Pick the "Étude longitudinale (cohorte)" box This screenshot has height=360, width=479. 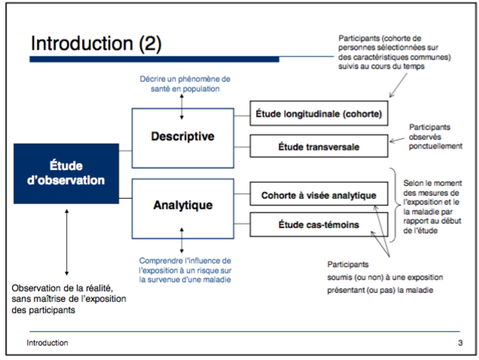tap(319, 114)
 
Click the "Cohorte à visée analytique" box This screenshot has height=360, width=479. tap(319, 196)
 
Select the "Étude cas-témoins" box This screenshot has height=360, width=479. tap(319, 224)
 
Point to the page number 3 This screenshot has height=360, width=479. tap(459, 343)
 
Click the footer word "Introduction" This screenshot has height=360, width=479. tap(47, 343)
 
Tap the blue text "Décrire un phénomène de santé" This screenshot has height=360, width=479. tap(185, 84)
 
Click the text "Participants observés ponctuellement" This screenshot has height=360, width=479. tap(435, 136)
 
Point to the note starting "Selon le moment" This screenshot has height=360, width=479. tap(432, 207)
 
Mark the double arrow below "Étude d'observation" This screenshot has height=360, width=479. tap(67, 242)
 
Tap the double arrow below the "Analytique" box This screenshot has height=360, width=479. tap(183, 242)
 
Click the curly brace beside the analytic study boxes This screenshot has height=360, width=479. tap(394, 205)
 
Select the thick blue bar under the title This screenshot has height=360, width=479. tap(154, 59)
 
